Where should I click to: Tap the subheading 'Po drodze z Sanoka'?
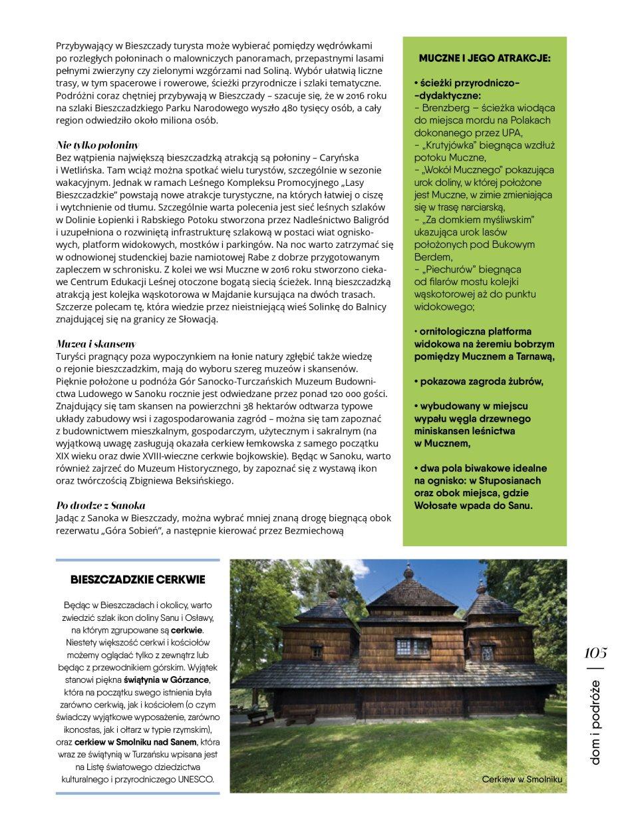[x=100, y=505]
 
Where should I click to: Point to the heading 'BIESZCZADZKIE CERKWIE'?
[x=138, y=579]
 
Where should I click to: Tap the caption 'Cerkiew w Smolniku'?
[x=524, y=778]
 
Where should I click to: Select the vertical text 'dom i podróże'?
[x=595, y=723]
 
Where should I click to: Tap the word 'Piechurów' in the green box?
[x=448, y=269]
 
